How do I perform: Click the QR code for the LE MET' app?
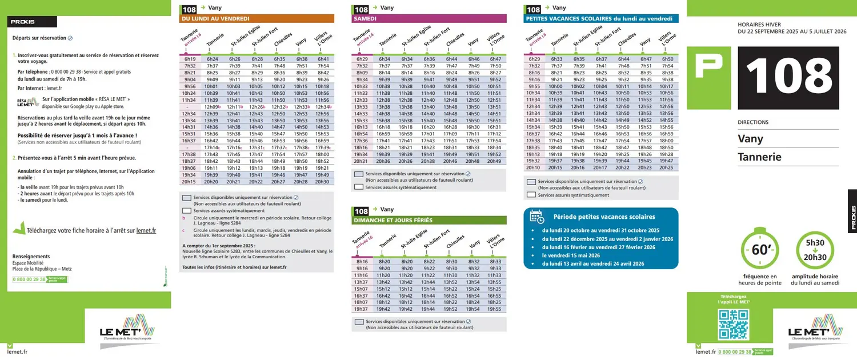tap(733, 324)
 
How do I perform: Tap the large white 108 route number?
tap(788, 78)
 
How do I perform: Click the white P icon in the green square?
tap(709, 66)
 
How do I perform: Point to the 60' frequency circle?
tap(760, 250)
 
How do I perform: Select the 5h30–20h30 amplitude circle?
tap(815, 250)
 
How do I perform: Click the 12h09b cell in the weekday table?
tap(212, 107)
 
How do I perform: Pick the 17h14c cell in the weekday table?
tap(212, 147)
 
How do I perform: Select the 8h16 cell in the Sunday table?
tap(362, 261)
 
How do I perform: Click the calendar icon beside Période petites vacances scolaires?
tap(537, 216)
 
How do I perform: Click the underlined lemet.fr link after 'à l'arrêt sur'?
tap(146, 231)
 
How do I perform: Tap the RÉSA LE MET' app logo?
tap(27, 102)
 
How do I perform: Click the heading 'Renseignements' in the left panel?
tap(31, 257)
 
